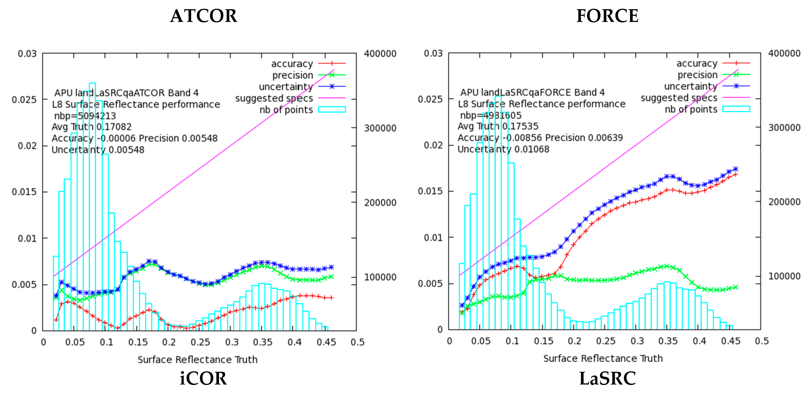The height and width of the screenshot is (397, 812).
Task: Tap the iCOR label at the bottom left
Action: coord(203,378)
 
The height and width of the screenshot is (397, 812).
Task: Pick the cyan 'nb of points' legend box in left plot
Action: coord(332,109)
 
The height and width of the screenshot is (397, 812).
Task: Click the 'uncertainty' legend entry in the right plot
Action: coord(690,86)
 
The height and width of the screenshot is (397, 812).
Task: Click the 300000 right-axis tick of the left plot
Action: coord(380,128)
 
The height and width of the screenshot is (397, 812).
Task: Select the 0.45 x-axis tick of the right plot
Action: coord(730,341)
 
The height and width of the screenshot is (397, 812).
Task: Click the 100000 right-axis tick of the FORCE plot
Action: coord(784,276)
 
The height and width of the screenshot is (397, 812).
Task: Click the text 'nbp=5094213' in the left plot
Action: coord(85,116)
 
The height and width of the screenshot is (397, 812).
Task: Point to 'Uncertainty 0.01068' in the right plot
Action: coord(503,149)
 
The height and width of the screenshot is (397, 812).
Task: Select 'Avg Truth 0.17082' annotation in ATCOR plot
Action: coord(91,127)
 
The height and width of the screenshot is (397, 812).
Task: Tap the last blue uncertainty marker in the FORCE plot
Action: coord(735,169)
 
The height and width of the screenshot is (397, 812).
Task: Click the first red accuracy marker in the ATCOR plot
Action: coord(56,320)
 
